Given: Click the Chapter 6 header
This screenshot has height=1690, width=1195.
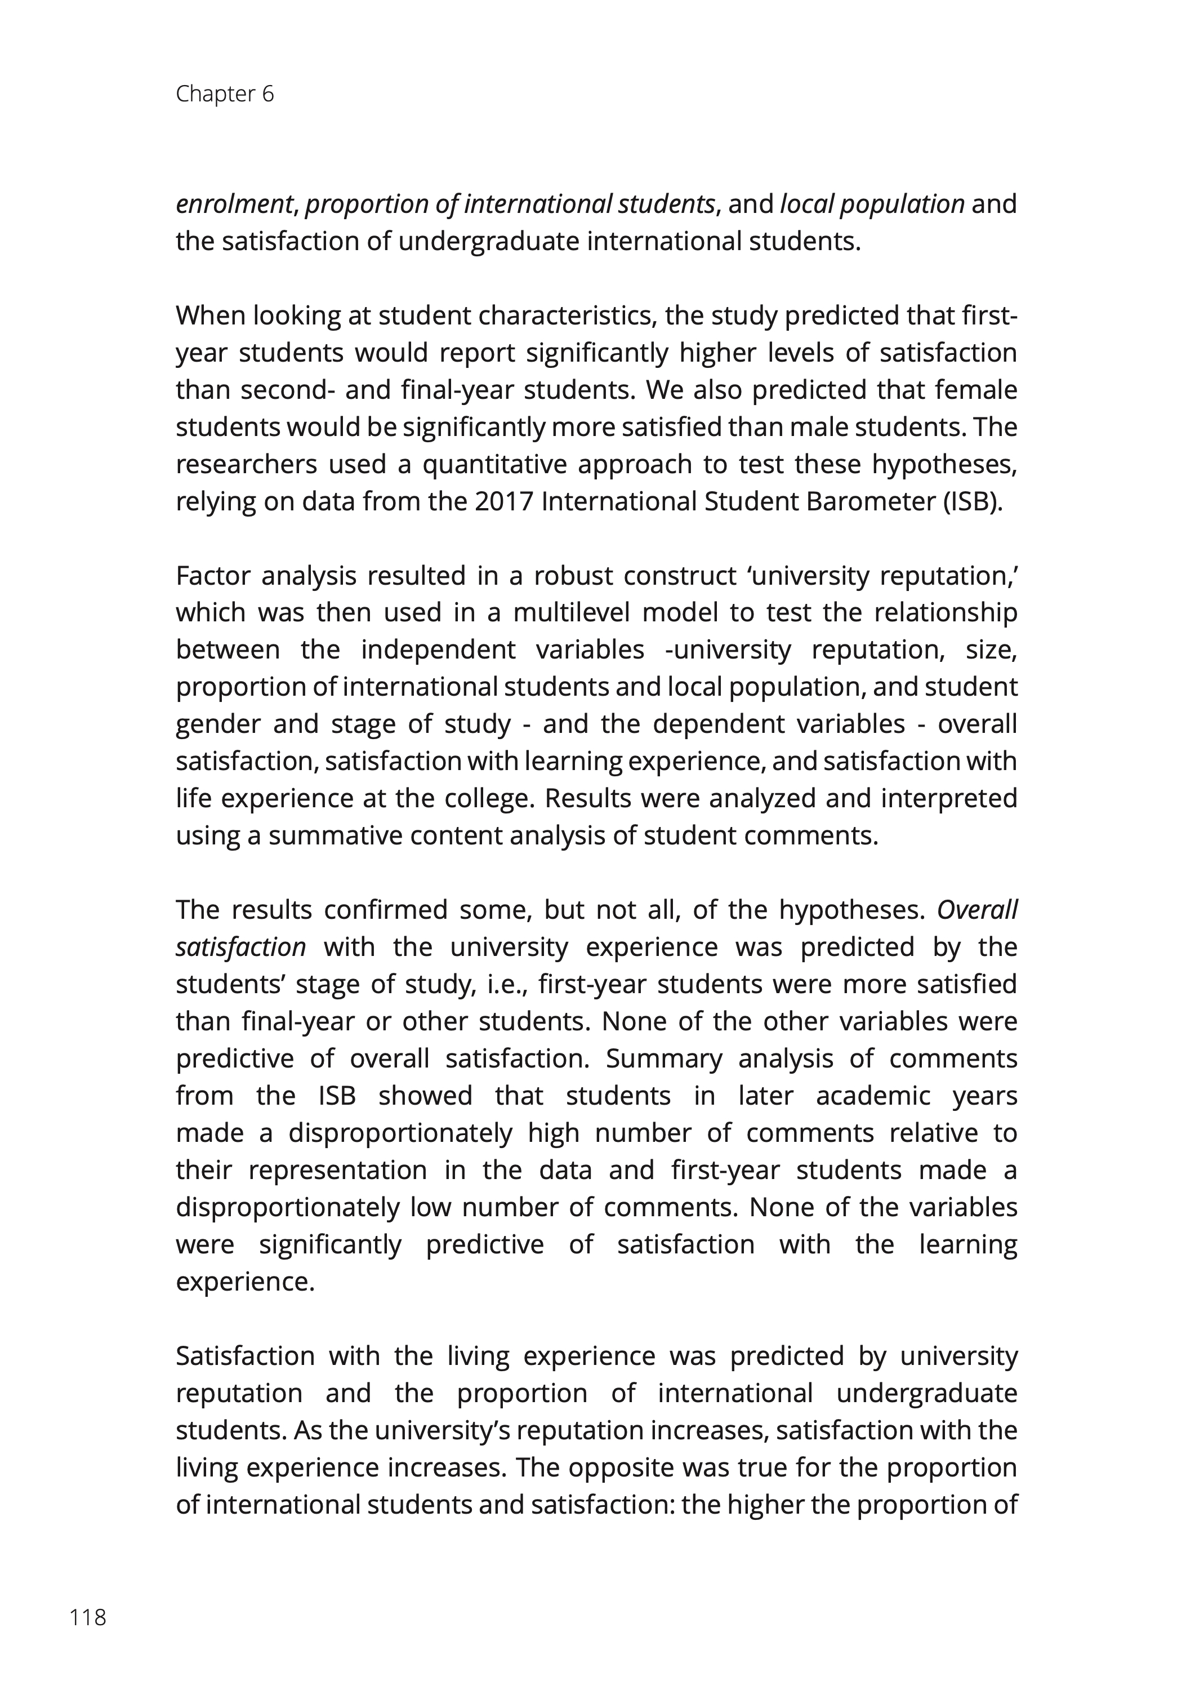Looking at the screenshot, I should pyautogui.click(x=225, y=94).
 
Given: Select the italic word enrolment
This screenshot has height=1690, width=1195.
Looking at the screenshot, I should pyautogui.click(x=234, y=204).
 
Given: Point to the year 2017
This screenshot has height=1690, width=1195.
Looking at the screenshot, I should pyautogui.click(x=504, y=502).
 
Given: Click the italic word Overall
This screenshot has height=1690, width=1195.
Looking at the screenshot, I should pyautogui.click(x=977, y=910).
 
